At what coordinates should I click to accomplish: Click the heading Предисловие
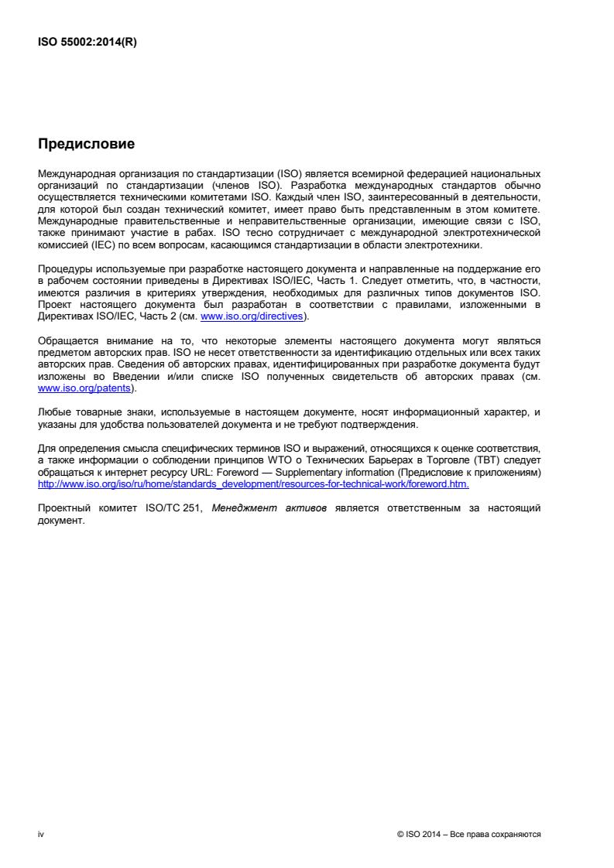86,144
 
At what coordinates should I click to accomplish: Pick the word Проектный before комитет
67,510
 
